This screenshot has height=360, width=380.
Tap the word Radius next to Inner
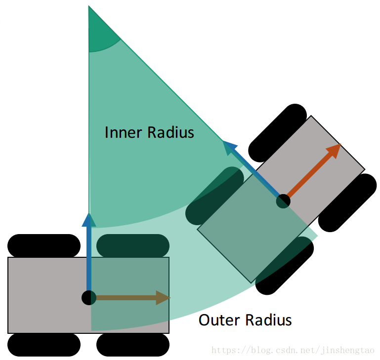coord(171,132)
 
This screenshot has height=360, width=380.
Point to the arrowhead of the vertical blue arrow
coord(89,219)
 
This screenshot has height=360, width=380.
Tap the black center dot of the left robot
coord(89,298)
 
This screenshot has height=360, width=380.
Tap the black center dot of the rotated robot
coord(283,201)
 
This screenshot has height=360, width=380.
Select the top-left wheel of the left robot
coord(44,245)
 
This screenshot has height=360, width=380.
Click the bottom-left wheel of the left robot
coord(44,345)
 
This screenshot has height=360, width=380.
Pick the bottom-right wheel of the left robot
coord(133,345)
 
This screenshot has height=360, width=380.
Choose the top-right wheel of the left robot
coord(133,245)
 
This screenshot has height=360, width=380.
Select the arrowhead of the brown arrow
coord(163,298)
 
